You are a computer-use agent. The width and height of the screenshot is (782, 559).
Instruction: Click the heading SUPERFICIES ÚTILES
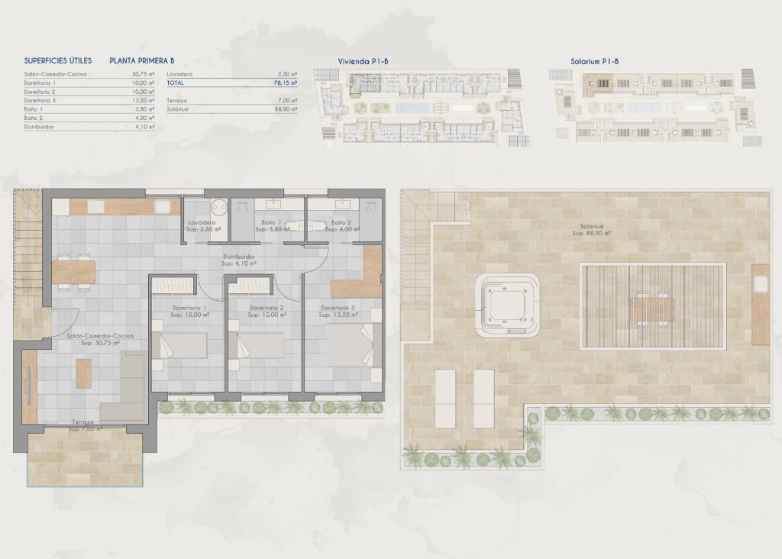coord(58,60)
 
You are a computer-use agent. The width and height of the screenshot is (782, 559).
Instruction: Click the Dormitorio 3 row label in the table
coord(40,100)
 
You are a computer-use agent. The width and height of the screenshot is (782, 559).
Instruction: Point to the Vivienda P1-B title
coord(364,60)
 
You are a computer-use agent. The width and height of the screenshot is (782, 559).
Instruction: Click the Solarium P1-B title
coord(594,60)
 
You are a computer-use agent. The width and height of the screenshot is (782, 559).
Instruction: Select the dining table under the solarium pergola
coord(653,309)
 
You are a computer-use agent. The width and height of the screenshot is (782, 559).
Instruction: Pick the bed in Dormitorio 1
coord(179,346)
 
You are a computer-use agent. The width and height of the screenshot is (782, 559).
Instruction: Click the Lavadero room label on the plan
coord(203,222)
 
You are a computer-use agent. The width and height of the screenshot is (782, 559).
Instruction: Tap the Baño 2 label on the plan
coord(341,222)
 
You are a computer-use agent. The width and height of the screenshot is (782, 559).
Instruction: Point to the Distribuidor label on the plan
coord(238,257)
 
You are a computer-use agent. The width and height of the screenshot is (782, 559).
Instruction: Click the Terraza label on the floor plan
coord(83,422)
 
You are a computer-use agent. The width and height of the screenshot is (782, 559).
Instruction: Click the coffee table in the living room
coord(83,373)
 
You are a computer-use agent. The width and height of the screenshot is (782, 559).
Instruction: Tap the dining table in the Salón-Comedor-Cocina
coord(73,271)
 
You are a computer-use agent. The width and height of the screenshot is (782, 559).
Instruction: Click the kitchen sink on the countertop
coord(163,205)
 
